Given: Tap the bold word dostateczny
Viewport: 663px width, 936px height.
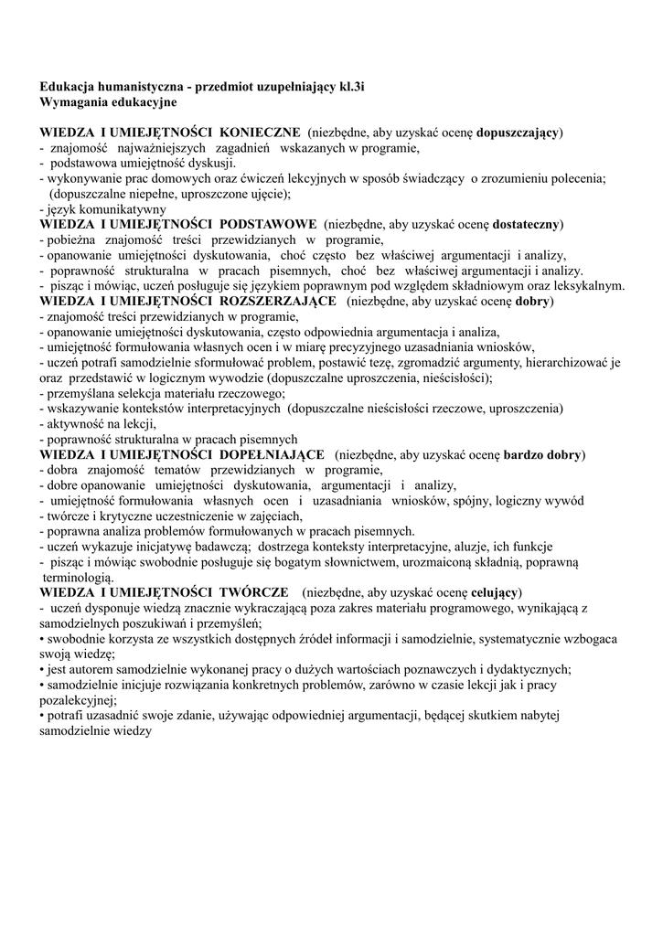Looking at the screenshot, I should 528,224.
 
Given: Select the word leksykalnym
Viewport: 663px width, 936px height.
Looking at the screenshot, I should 587,285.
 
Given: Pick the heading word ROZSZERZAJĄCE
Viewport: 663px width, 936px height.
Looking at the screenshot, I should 273,300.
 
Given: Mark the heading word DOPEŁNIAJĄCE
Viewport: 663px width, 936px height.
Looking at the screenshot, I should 273,454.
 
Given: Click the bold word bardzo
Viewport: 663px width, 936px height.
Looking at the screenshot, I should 522,454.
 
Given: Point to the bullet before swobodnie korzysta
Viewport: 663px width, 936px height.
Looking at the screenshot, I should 42,639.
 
